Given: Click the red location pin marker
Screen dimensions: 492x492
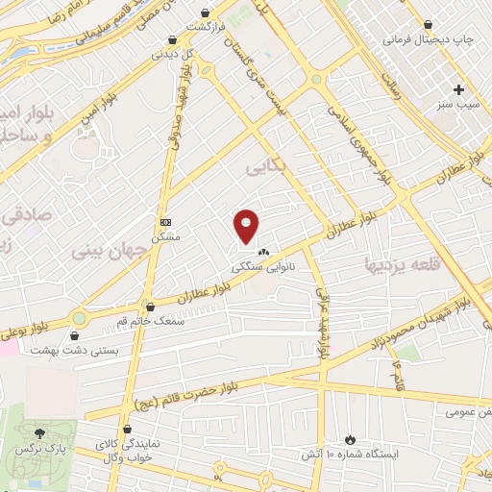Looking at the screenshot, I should click(x=247, y=225).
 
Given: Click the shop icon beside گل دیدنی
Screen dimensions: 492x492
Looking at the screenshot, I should click(x=172, y=40).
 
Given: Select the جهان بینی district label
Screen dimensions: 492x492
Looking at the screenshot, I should click(x=111, y=250).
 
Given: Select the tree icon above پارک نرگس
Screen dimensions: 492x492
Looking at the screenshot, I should click(x=38, y=433).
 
